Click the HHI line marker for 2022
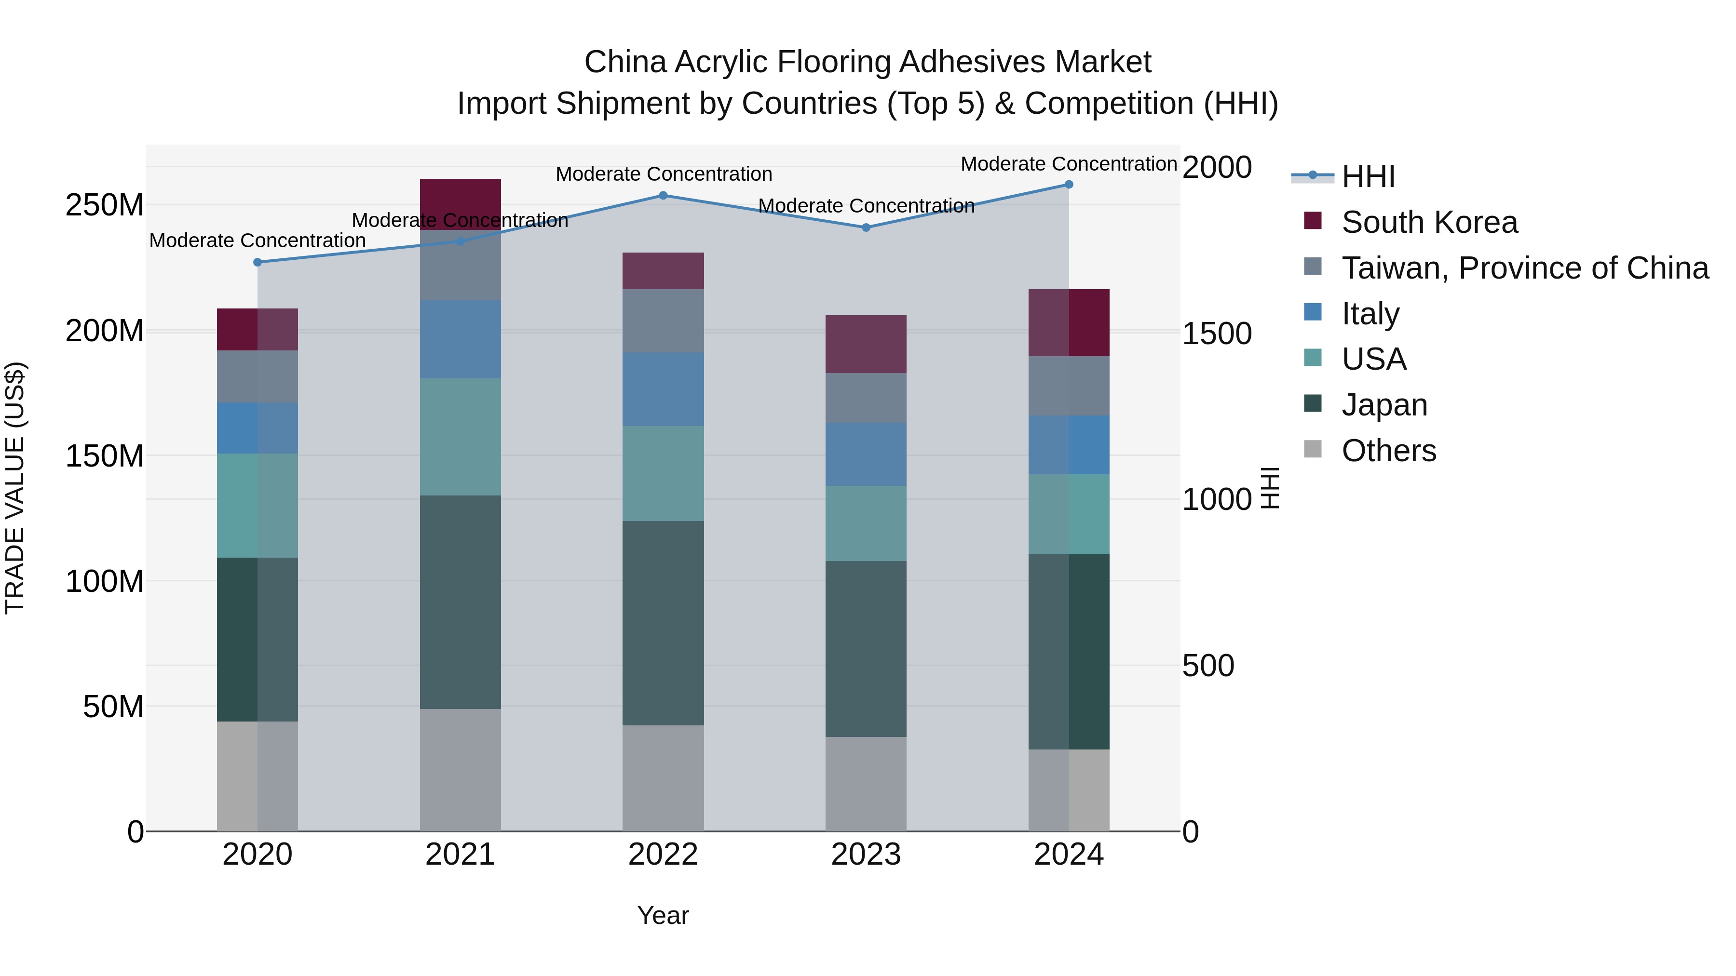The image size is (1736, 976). [663, 195]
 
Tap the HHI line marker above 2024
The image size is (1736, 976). [1069, 185]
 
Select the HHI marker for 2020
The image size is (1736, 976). [258, 262]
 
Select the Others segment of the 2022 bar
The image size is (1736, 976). [663, 777]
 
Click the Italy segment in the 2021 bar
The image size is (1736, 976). [461, 339]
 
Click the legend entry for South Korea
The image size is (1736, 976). [1429, 222]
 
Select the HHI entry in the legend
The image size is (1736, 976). [1368, 176]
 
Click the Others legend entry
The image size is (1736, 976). [1388, 451]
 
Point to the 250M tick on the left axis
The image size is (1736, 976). [105, 205]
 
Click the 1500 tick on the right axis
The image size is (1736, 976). [1217, 334]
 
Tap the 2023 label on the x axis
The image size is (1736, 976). [866, 855]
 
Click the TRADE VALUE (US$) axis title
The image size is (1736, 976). [15, 488]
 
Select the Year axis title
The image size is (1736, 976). [663, 915]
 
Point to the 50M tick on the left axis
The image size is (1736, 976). [113, 707]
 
